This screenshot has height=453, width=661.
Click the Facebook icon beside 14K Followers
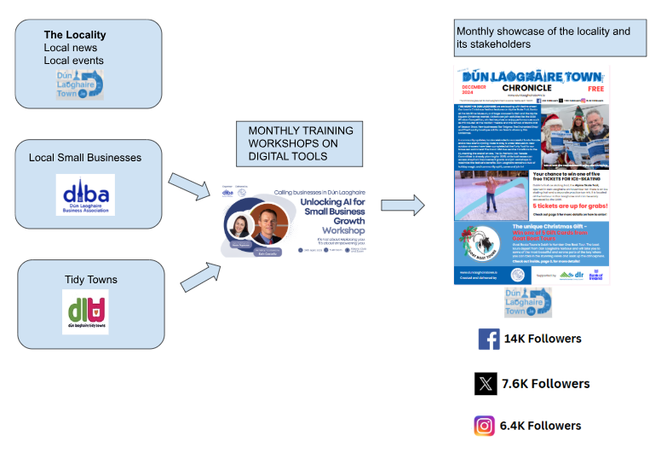[489, 339]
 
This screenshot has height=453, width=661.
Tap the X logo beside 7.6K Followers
[486, 384]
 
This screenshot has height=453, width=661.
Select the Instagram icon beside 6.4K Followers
[485, 426]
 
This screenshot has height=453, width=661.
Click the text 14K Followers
[542, 339]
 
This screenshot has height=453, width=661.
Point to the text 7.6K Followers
[545, 384]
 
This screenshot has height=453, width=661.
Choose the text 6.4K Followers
[540, 426]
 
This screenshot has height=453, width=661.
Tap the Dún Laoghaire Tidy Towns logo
[85, 311]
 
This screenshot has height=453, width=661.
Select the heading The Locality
[75, 35]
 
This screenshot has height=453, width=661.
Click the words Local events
[74, 61]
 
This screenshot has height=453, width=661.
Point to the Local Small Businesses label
[85, 158]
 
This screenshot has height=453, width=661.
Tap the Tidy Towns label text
[91, 280]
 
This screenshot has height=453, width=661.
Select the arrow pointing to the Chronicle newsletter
[403, 206]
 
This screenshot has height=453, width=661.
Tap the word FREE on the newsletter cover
[592, 88]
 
